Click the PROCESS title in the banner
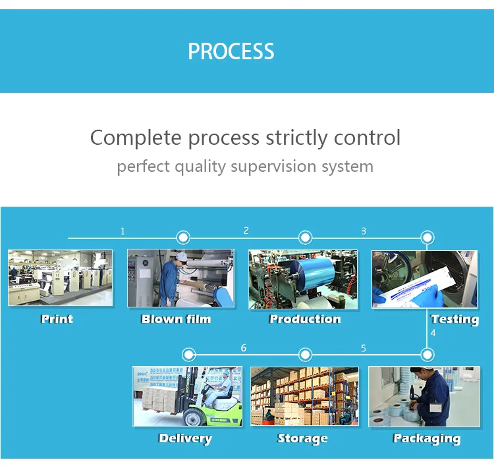(x=231, y=51)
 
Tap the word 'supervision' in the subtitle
(x=273, y=167)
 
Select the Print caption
(x=57, y=319)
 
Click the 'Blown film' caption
(x=176, y=319)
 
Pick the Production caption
(x=305, y=319)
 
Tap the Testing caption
(x=455, y=320)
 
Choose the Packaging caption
(x=427, y=439)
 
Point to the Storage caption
(x=302, y=439)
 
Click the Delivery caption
(x=185, y=439)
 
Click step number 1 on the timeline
(x=123, y=232)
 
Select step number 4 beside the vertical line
(x=433, y=333)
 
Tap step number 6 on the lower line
(x=244, y=348)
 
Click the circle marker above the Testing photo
(x=427, y=238)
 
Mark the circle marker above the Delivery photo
(x=188, y=355)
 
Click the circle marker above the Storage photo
(x=305, y=355)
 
